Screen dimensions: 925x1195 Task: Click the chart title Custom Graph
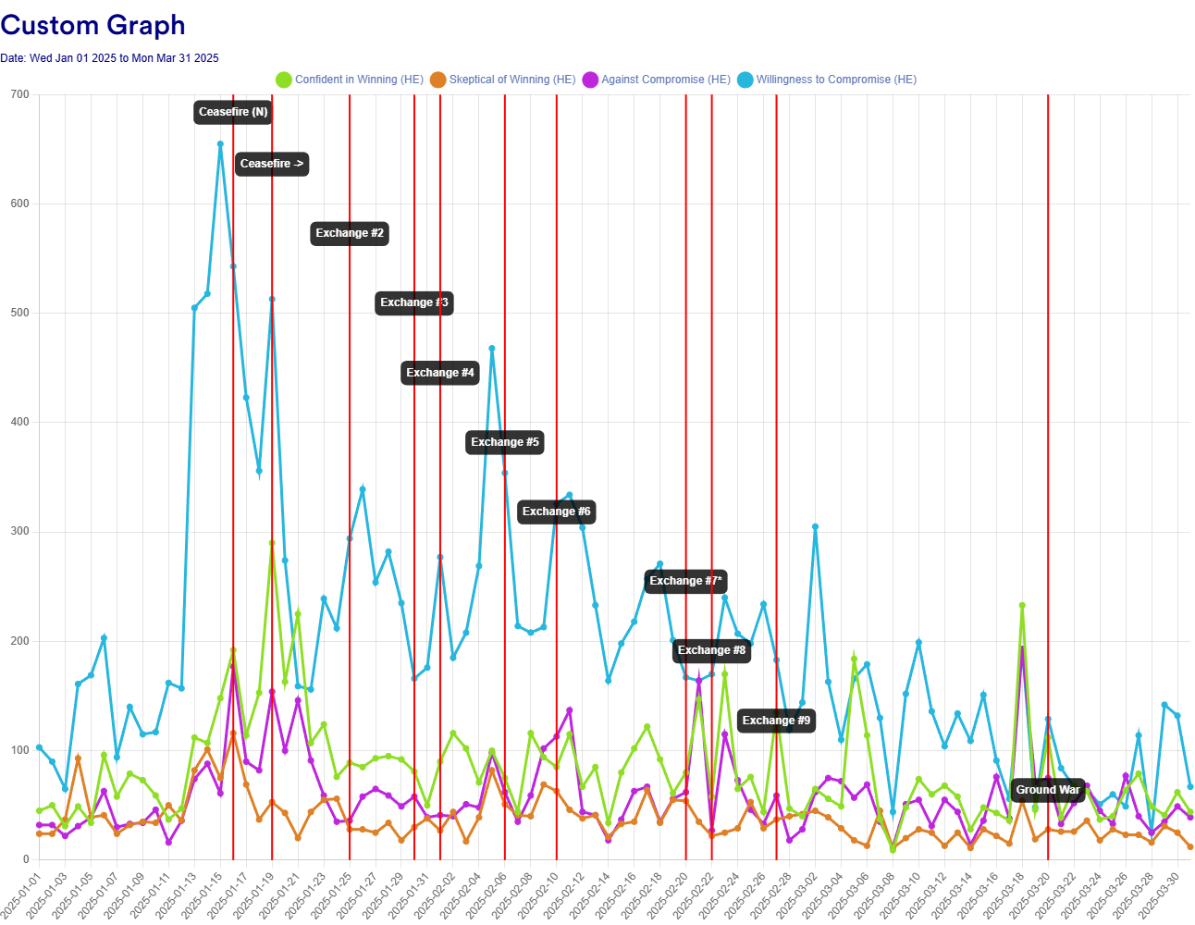pyautogui.click(x=93, y=25)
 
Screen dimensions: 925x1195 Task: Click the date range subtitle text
pyautogui.click(x=109, y=58)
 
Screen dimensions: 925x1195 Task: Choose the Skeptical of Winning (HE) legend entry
pyautogui.click(x=503, y=80)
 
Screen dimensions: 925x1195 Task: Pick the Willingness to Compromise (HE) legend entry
pyautogui.click(x=827, y=80)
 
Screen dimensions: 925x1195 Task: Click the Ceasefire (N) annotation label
pyautogui.click(x=233, y=112)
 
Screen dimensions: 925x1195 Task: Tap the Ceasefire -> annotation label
pyautogui.click(x=272, y=164)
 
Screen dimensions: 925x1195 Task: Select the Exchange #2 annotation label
pyautogui.click(x=350, y=233)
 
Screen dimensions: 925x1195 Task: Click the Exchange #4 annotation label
pyautogui.click(x=440, y=373)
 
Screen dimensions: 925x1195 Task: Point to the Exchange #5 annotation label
pyautogui.click(x=505, y=442)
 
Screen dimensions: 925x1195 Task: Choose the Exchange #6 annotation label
pyautogui.click(x=556, y=512)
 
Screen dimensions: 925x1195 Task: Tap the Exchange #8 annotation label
pyautogui.click(x=711, y=650)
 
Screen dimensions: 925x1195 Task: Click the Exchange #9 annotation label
pyautogui.click(x=776, y=721)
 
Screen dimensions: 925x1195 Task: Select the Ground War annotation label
pyautogui.click(x=1048, y=790)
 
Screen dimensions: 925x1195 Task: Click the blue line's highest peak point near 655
pyautogui.click(x=220, y=144)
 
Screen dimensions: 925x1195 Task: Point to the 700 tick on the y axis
pyautogui.click(x=19, y=94)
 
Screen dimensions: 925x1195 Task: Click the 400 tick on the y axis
pyautogui.click(x=19, y=423)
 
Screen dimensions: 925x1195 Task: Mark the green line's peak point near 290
pyautogui.click(x=272, y=543)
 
